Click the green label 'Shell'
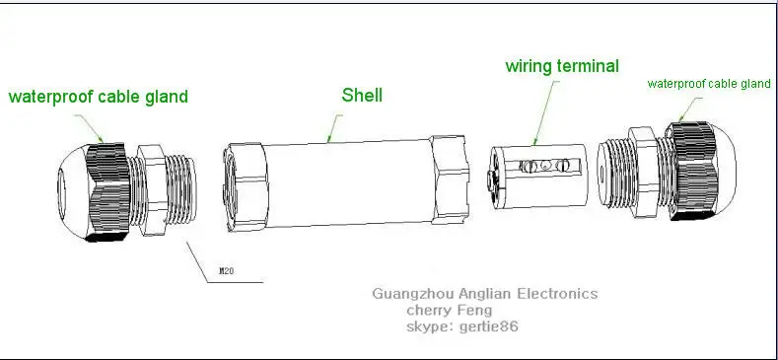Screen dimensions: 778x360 pyautogui.click(x=362, y=96)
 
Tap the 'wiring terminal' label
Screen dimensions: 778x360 pyautogui.click(x=562, y=66)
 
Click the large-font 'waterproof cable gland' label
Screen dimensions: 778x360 pyautogui.click(x=99, y=97)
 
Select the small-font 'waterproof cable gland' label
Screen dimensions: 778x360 pyautogui.click(x=709, y=84)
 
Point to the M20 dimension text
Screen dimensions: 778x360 pyautogui.click(x=226, y=271)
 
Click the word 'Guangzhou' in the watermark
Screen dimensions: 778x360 pyautogui.click(x=413, y=294)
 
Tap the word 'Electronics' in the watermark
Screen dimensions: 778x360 pyautogui.click(x=557, y=294)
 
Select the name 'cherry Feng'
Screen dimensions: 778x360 pyautogui.click(x=450, y=311)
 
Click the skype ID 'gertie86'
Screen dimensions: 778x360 pyautogui.click(x=489, y=326)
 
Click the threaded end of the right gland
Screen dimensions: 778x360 pyautogui.click(x=613, y=173)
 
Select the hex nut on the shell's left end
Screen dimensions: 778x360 pyautogui.click(x=246, y=187)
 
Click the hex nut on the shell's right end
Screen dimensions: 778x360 pyautogui.click(x=450, y=179)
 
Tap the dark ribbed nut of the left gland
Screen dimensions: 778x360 pyautogui.click(x=108, y=192)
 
